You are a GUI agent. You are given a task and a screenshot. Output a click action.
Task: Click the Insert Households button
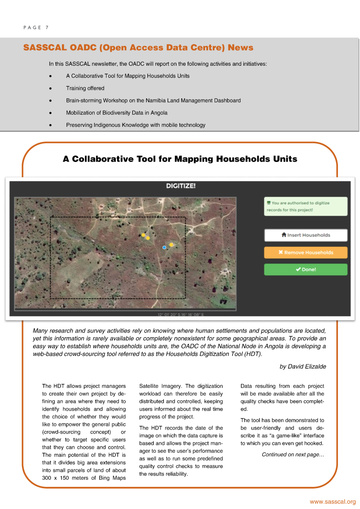[x=306, y=235]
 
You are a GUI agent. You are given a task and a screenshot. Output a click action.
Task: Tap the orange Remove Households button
[x=306, y=252]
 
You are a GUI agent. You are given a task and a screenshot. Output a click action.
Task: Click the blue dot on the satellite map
[x=164, y=247]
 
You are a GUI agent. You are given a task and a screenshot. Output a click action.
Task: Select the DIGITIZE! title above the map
[x=181, y=186]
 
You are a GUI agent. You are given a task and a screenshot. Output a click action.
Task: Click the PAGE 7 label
[x=36, y=28]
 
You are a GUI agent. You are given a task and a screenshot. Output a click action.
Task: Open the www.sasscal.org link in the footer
[x=332, y=502]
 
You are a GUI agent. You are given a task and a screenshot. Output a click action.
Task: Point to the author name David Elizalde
[x=303, y=366]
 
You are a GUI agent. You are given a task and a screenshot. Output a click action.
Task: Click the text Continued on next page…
[x=293, y=455]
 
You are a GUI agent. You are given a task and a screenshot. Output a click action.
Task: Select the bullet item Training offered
[x=85, y=88]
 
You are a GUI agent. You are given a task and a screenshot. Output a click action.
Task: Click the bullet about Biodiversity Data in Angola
[x=117, y=113]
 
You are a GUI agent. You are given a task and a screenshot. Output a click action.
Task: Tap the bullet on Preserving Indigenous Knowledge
[x=135, y=125]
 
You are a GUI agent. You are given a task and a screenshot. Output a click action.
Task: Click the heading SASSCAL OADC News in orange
[x=138, y=48]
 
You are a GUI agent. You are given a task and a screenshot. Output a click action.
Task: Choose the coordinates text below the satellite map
[x=181, y=315]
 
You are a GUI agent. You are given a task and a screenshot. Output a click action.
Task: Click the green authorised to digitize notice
[x=306, y=206]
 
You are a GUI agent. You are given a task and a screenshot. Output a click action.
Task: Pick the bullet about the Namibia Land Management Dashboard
[x=153, y=101]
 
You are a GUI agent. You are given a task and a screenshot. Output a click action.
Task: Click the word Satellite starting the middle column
[x=150, y=386]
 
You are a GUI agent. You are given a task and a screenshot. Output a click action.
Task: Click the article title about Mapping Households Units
[x=180, y=159]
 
